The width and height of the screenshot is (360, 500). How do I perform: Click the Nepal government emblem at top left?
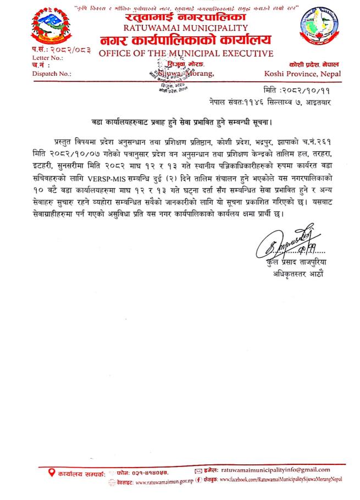click(52, 25)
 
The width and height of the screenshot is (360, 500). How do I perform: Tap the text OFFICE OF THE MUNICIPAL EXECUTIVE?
click(186, 53)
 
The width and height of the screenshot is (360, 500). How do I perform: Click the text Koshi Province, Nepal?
click(302, 74)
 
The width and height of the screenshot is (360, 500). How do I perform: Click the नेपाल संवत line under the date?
click(283, 102)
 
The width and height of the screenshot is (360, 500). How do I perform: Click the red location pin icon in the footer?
click(52, 471)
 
